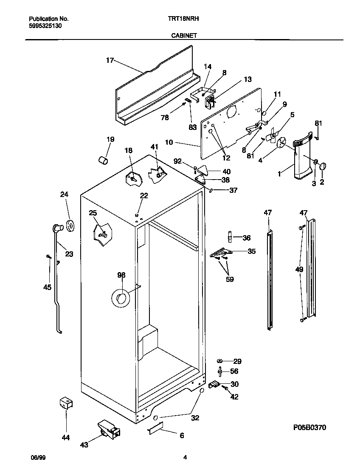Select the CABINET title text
(x=183, y=36)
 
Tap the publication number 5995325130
(x=46, y=25)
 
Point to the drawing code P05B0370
(x=309, y=427)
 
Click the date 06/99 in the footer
(x=38, y=457)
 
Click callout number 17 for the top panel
(x=110, y=60)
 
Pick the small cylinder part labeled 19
(x=103, y=160)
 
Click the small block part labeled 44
(x=65, y=403)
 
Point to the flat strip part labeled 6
(x=155, y=429)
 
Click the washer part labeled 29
(x=220, y=361)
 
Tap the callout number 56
(x=234, y=371)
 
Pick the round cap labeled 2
(x=322, y=166)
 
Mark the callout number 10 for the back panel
(x=169, y=143)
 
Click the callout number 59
(x=230, y=279)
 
